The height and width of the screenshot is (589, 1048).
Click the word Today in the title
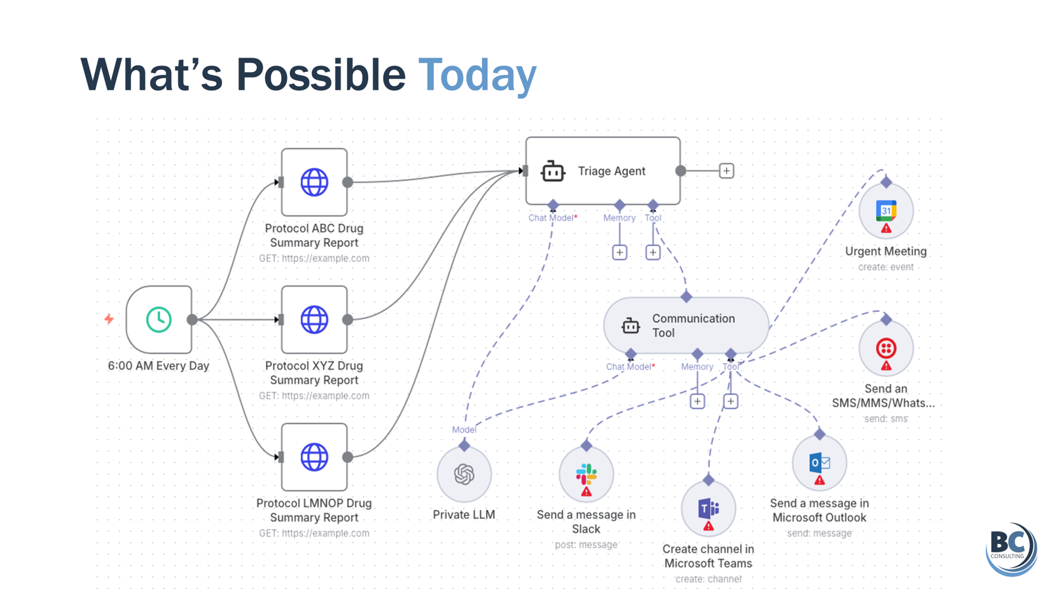477,75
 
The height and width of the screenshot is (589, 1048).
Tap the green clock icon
159,319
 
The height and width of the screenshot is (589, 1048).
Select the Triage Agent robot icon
552,171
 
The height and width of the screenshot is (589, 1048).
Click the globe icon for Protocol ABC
314,182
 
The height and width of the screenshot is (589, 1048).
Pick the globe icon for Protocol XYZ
314,319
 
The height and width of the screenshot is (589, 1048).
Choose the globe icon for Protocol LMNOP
314,457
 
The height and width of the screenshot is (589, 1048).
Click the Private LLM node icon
464,474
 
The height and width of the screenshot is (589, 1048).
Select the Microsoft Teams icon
708,508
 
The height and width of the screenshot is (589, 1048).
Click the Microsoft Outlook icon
819,463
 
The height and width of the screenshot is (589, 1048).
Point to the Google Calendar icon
886,210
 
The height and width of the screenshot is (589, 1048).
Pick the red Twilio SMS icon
886,348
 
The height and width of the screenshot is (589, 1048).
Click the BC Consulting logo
1011,548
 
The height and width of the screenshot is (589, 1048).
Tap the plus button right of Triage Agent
726,171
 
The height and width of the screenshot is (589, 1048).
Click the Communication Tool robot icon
630,325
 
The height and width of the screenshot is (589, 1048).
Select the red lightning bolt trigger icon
109,319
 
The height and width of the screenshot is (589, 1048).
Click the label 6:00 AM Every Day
159,366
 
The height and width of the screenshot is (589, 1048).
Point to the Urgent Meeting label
886,251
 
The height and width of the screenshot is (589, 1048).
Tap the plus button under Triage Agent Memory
620,252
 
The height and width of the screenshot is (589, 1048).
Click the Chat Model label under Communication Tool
628,366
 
